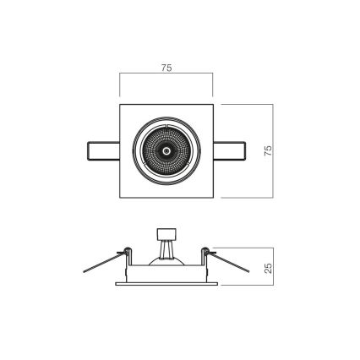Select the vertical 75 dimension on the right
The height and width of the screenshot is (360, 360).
267,150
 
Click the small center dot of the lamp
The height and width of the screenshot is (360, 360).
166,150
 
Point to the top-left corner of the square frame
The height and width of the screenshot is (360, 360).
121,104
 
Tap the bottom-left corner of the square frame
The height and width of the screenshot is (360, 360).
121,196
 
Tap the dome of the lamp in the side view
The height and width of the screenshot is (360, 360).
166,259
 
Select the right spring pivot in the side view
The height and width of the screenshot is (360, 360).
207,249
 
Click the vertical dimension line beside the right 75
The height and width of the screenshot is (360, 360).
275,150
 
